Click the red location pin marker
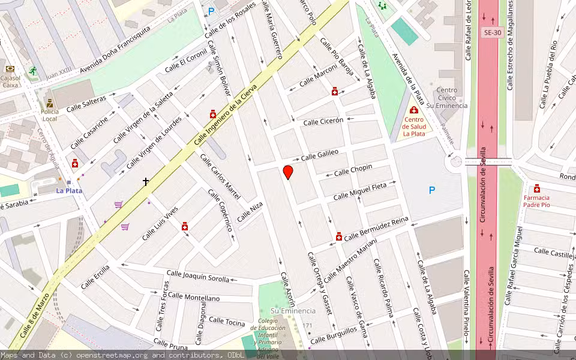click(x=288, y=172)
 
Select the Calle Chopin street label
click(x=353, y=170)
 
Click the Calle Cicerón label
click(x=323, y=121)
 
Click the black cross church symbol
click(x=145, y=181)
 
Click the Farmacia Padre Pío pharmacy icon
click(x=536, y=188)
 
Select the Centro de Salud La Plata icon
click(x=413, y=110)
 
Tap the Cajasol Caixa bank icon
click(x=10, y=68)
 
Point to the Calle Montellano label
click(x=194, y=297)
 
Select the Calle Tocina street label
click(x=227, y=322)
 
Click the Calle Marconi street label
click(x=318, y=76)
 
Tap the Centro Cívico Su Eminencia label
click(x=447, y=98)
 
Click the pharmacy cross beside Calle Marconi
click(x=334, y=91)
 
